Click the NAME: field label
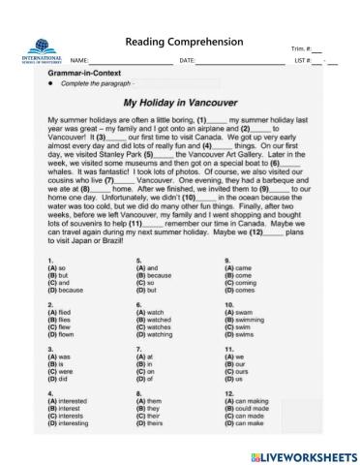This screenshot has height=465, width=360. [x=79, y=62]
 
